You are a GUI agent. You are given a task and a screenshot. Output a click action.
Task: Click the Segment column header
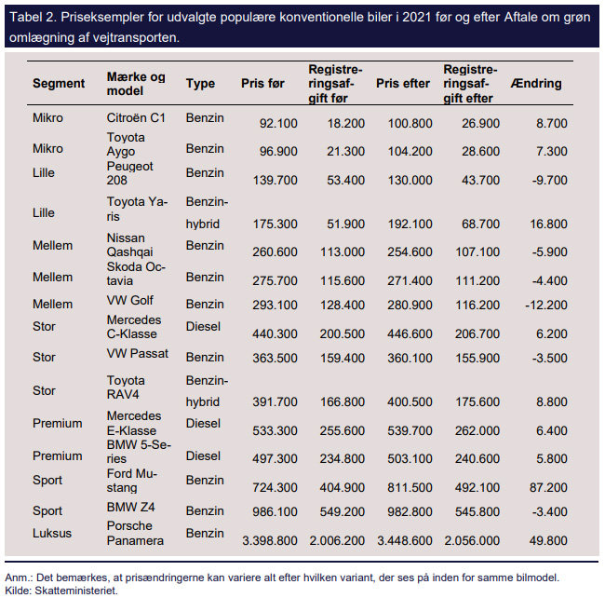59,84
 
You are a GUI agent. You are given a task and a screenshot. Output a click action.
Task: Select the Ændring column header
536,83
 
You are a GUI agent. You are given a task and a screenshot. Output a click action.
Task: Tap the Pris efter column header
403,84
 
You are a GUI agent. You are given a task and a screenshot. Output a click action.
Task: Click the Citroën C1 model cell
136,117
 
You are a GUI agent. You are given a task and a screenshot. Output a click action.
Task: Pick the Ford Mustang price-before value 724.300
275,487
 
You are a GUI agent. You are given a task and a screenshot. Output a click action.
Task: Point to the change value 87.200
548,487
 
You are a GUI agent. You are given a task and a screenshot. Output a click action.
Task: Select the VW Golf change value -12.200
546,305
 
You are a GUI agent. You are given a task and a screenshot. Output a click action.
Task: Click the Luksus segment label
52,533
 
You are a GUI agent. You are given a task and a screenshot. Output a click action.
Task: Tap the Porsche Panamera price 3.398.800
270,540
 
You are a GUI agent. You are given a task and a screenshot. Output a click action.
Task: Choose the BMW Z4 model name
131,507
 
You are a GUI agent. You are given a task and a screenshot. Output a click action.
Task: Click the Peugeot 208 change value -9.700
549,181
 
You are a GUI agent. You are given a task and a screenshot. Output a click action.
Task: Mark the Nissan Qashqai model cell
129,245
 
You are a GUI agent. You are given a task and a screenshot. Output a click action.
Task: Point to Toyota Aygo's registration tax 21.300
345,151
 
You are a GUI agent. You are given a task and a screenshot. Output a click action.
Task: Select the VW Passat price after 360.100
410,358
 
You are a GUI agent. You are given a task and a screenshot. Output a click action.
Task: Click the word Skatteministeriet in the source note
76,591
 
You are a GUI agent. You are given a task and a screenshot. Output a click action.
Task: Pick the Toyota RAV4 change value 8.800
552,401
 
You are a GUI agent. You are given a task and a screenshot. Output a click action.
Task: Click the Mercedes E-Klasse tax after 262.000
477,431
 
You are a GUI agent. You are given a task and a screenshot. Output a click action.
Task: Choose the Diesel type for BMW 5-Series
203,455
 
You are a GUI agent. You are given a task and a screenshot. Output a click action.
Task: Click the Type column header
200,84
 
